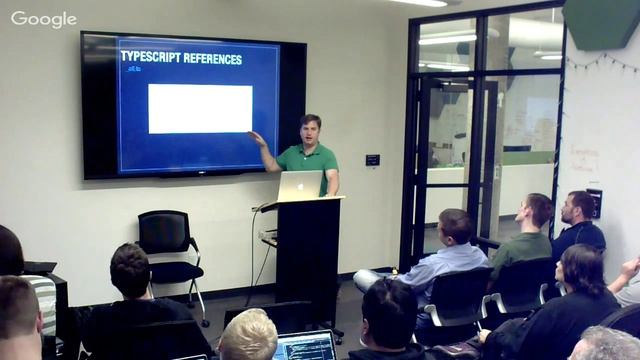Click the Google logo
[43, 19]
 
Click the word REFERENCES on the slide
[212, 59]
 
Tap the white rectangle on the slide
[200, 108]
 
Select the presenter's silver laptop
[300, 186]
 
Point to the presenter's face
[310, 131]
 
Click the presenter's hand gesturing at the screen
[256, 138]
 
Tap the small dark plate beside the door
[372, 160]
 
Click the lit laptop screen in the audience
[305, 346]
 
